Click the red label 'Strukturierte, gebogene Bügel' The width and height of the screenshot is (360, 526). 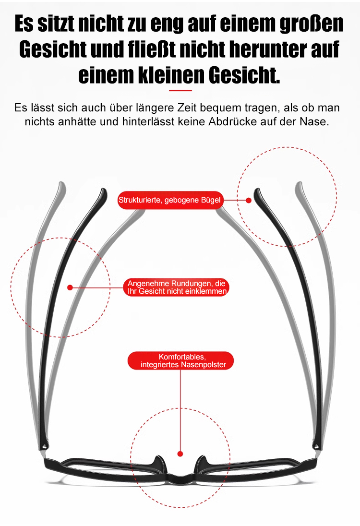[x=170, y=200]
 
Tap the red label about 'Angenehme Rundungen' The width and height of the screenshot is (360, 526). [x=176, y=287]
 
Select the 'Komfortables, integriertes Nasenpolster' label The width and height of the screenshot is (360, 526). [x=180, y=360]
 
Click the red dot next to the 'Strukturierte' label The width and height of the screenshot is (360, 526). [x=249, y=200]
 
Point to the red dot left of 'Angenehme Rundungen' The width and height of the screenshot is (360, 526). [x=70, y=287]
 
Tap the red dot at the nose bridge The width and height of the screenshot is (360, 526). [x=180, y=454]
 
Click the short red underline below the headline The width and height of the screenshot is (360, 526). [x=180, y=90]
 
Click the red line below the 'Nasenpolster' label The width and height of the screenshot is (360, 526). [x=180, y=408]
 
